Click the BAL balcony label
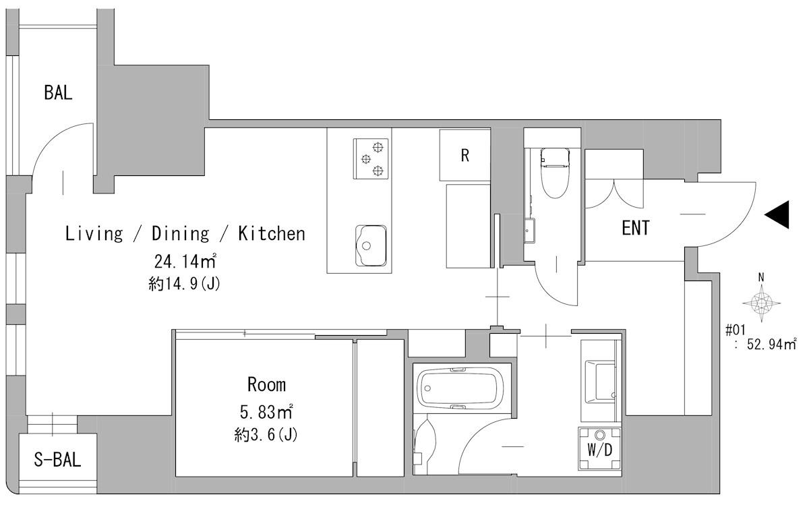click(x=58, y=92)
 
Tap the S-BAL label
click(x=57, y=460)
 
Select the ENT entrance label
click(x=636, y=228)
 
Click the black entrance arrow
click(x=777, y=214)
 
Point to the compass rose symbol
click(x=761, y=303)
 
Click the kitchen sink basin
click(x=371, y=245)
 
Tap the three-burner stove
click(x=371, y=158)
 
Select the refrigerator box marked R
click(x=465, y=155)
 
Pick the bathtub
click(x=460, y=388)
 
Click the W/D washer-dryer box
click(x=599, y=449)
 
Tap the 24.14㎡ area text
click(x=185, y=261)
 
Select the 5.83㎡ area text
click(x=266, y=412)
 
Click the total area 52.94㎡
click(x=771, y=344)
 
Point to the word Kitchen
click(x=272, y=233)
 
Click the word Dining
click(x=180, y=234)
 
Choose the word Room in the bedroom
click(x=266, y=384)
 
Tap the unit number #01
click(x=736, y=330)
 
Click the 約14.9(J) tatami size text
click(x=185, y=284)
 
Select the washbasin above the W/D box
click(x=600, y=382)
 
